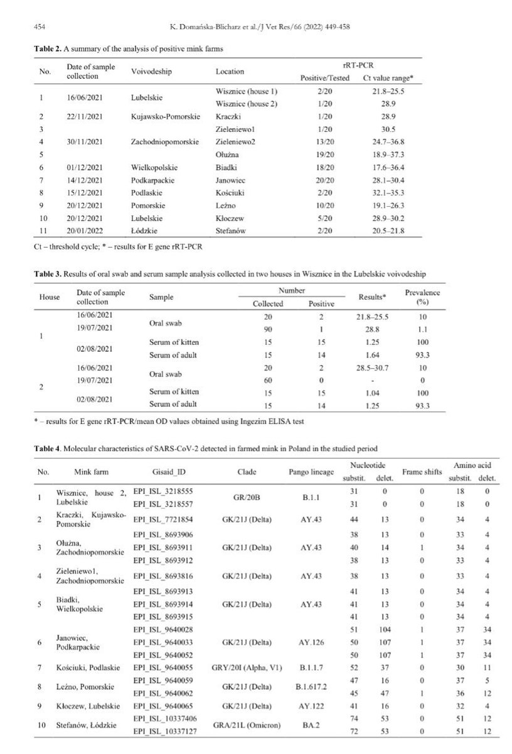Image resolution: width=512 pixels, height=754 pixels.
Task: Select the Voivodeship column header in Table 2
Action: (x=152, y=72)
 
